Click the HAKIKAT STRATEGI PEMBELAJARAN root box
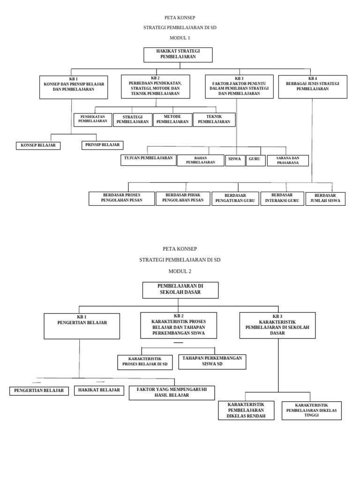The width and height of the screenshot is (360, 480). pyautogui.click(x=178, y=54)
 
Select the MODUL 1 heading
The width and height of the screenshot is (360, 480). pyautogui.click(x=180, y=37)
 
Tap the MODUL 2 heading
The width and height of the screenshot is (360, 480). pyautogui.click(x=180, y=271)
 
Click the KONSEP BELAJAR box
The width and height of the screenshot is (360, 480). pyautogui.click(x=38, y=145)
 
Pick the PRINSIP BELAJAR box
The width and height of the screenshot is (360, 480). pyautogui.click(x=102, y=145)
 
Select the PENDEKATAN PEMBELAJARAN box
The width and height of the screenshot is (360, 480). pyautogui.click(x=92, y=120)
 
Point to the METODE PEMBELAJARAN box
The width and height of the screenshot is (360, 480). pyautogui.click(x=172, y=120)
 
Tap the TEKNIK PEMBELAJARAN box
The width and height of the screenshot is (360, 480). pyautogui.click(x=214, y=120)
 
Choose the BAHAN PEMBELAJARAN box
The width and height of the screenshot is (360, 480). pyautogui.click(x=200, y=160)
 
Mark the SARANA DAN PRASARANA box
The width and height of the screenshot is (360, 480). pyautogui.click(x=288, y=160)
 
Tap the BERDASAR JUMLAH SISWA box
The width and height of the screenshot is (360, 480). pyautogui.click(x=325, y=198)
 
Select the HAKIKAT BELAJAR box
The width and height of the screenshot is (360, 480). pyautogui.click(x=98, y=390)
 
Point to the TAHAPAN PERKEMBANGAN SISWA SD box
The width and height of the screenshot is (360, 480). pyautogui.click(x=212, y=361)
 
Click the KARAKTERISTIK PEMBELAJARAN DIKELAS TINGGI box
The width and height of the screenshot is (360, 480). pyautogui.click(x=311, y=410)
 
